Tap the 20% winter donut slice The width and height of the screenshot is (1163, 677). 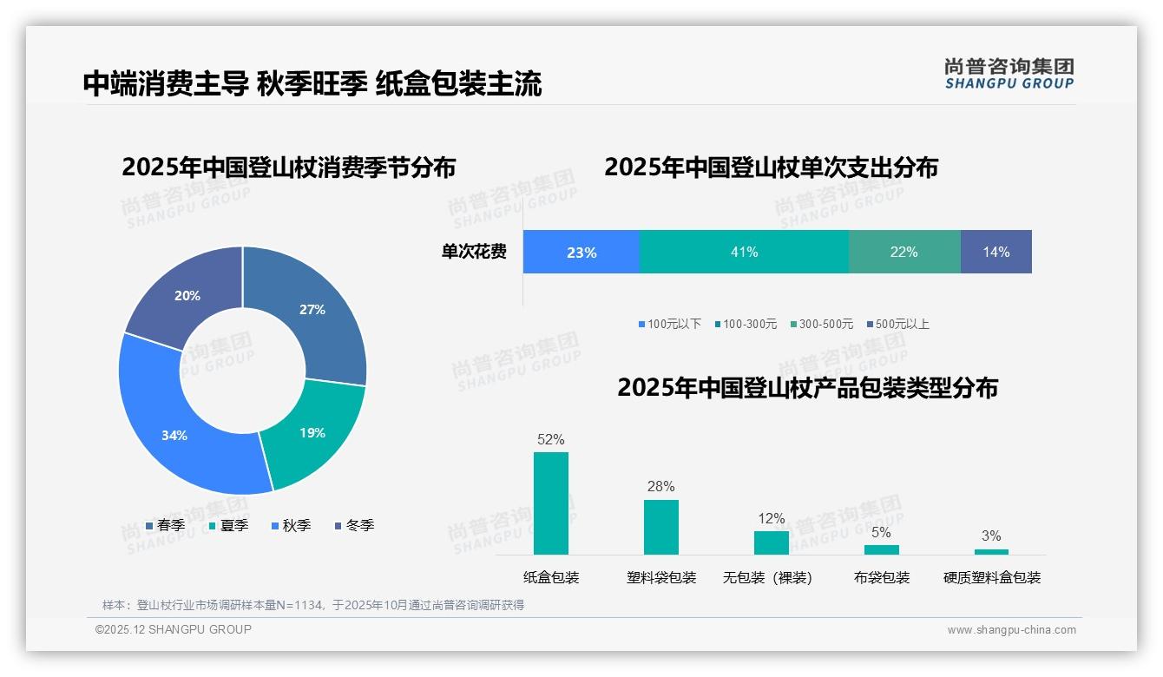(x=187, y=296)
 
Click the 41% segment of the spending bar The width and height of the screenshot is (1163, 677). (x=744, y=252)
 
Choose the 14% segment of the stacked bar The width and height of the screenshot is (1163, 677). (x=995, y=252)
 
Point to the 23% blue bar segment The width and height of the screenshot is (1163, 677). (x=581, y=252)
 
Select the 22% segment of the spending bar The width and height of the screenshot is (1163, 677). (x=903, y=252)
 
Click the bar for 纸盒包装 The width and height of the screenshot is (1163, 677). (x=551, y=503)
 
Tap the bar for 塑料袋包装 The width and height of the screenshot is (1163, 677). (x=661, y=527)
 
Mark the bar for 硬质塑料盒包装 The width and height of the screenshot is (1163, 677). (x=991, y=551)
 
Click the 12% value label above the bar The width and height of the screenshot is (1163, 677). (x=771, y=519)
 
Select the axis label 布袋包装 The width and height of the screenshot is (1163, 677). (x=882, y=578)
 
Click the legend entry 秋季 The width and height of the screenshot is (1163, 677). (x=291, y=526)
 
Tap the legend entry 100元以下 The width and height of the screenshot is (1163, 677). (x=669, y=325)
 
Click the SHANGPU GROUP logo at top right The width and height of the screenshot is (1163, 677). (x=1009, y=74)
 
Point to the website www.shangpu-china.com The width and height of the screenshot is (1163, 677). (x=1011, y=630)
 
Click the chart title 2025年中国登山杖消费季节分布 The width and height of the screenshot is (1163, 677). (x=288, y=168)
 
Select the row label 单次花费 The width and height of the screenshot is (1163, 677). (x=474, y=253)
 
